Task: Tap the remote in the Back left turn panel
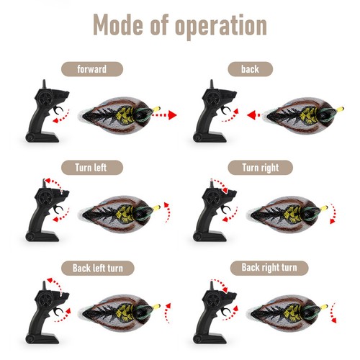[x=42, y=310]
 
